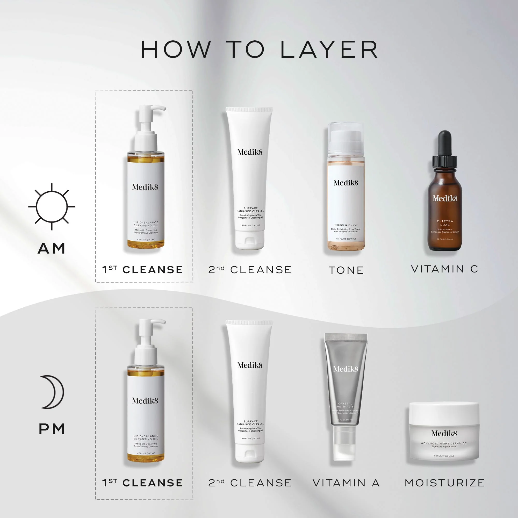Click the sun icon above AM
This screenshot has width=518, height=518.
[x=52, y=207]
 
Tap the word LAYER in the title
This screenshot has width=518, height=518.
[x=329, y=50]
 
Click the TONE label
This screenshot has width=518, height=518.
[x=346, y=270]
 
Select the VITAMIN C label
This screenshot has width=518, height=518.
[x=444, y=269]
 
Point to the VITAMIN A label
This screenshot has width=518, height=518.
[x=346, y=483]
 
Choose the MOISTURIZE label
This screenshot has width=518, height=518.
[x=444, y=483]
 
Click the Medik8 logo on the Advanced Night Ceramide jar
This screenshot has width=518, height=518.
[x=444, y=433]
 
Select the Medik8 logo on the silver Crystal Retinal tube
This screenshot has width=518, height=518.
[x=346, y=369]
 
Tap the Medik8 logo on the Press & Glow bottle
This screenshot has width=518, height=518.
[x=346, y=183]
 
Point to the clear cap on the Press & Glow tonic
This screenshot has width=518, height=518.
[x=346, y=139]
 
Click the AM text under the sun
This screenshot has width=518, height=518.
[x=52, y=248]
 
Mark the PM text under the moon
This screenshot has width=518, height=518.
[x=52, y=429]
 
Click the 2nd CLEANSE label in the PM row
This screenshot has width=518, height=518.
[x=250, y=483]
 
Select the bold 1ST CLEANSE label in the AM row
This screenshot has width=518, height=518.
[x=143, y=270]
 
